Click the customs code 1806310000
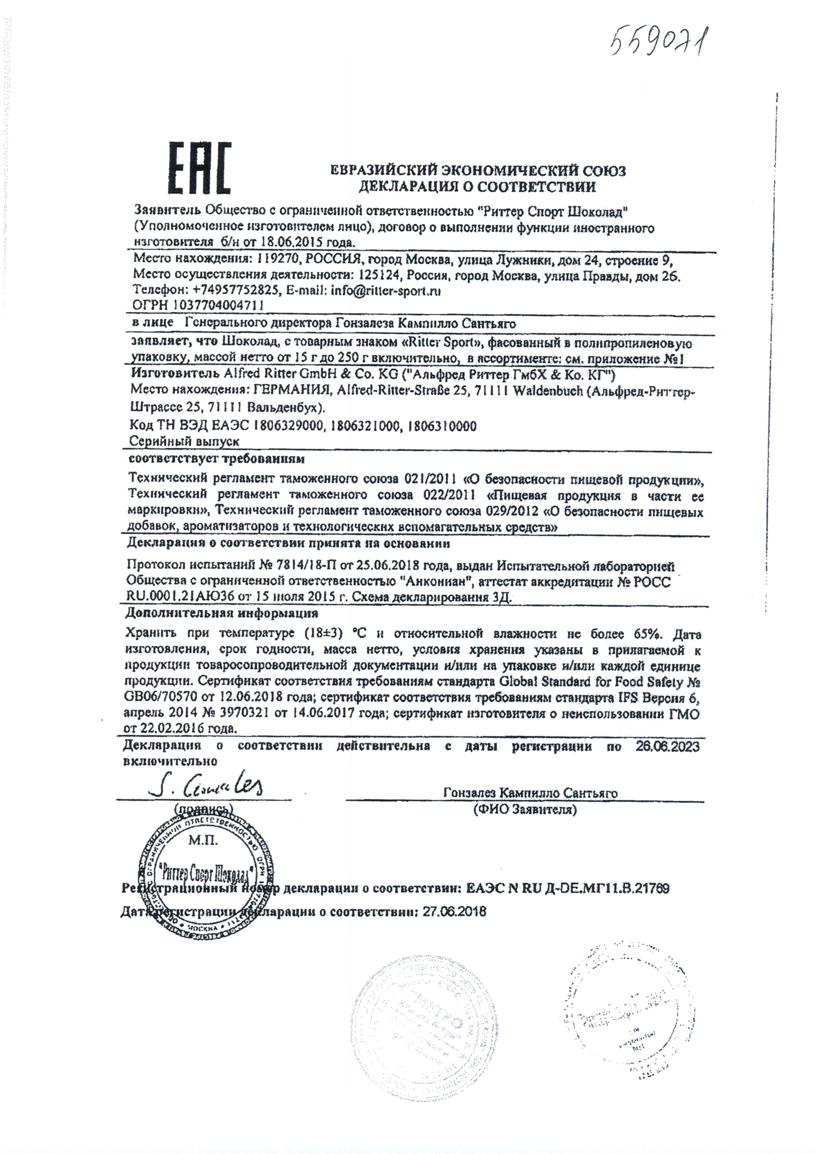[443, 426]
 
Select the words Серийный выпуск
[184, 441]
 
